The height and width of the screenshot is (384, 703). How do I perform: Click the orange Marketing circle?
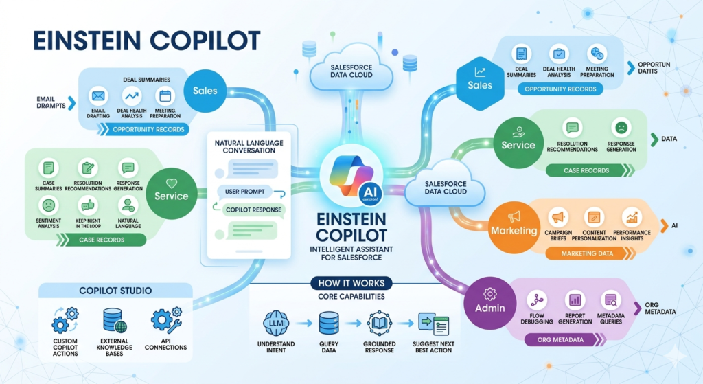(514, 230)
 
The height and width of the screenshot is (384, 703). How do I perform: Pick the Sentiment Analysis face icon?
(48, 204)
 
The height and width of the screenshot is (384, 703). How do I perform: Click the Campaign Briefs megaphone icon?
(557, 218)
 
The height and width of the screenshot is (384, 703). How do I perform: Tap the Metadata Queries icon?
(609, 300)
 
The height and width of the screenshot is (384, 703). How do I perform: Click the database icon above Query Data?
(329, 321)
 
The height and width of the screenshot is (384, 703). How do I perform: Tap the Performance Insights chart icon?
(632, 218)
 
